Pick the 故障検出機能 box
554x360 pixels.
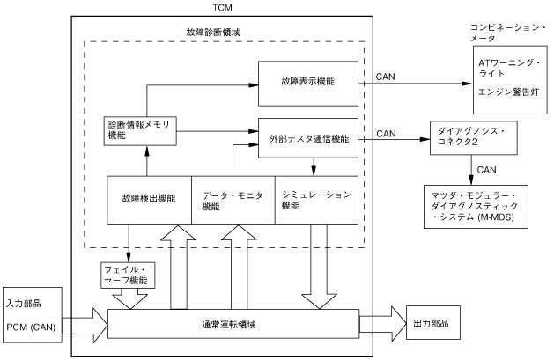(148, 200)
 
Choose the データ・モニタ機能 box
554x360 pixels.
(233, 200)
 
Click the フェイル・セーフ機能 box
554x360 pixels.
(127, 274)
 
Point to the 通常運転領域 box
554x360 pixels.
(233, 323)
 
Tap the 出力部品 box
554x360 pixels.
(432, 323)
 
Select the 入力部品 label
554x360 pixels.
(24, 305)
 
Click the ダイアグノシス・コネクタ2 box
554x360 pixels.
(472, 136)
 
